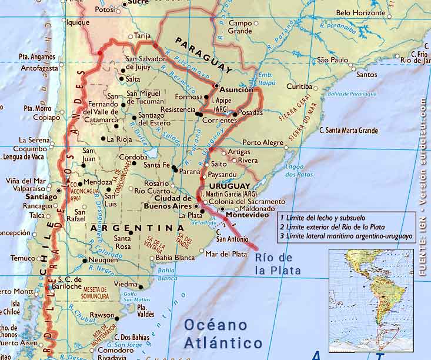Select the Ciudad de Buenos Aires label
pyautogui.click(x=168, y=202)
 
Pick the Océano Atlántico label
pyautogui.click(x=223, y=334)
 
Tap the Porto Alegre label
pyautogui.click(x=263, y=142)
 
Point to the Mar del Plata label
pyautogui.click(x=226, y=254)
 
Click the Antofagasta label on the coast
pyautogui.click(x=39, y=68)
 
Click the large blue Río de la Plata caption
pyautogui.click(x=278, y=265)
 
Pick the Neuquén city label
pyautogui.click(x=103, y=259)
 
